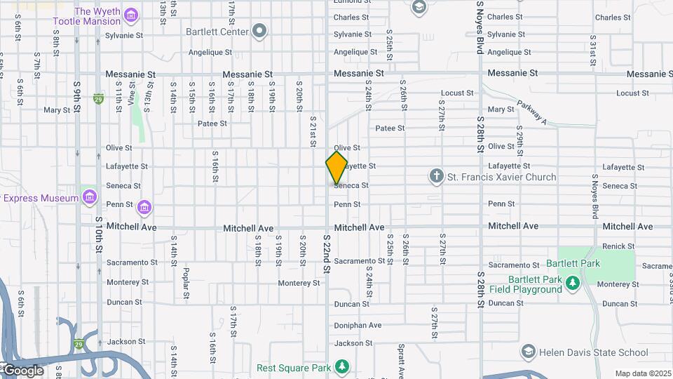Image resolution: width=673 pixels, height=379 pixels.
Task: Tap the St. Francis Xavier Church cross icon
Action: [436, 176]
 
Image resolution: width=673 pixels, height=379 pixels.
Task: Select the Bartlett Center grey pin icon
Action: [259, 31]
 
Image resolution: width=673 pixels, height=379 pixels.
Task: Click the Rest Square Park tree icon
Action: [341, 366]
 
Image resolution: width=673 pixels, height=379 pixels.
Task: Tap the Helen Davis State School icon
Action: [528, 351]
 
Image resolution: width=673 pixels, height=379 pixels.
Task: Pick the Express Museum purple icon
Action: [89, 197]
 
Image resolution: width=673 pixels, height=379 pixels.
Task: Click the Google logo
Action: [23, 370]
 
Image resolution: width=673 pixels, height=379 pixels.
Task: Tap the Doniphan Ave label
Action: [358, 325]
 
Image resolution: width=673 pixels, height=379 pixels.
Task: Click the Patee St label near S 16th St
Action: [212, 124]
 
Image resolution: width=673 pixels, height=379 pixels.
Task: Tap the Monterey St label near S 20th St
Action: [299, 284]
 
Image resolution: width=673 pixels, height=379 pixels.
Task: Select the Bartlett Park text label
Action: [580, 263]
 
